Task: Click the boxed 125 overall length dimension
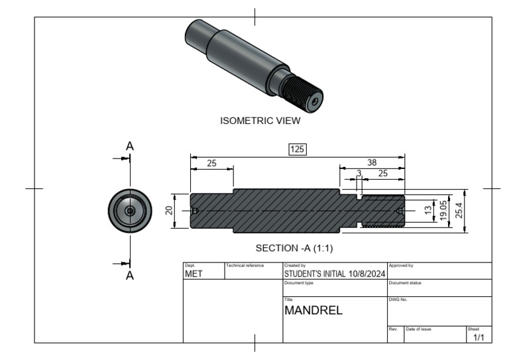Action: pos(297,149)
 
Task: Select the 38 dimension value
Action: pos(372,162)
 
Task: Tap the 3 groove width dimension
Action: pos(359,173)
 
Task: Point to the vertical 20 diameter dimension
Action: pos(170,211)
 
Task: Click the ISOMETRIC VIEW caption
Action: pos(260,121)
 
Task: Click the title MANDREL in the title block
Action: pos(313,309)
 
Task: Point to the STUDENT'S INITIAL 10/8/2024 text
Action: pos(334,273)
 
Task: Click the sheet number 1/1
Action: pos(479,338)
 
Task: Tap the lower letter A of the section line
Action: pos(130,276)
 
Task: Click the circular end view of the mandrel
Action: pos(130,211)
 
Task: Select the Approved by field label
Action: pos(400,265)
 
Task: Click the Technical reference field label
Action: pos(245,265)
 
